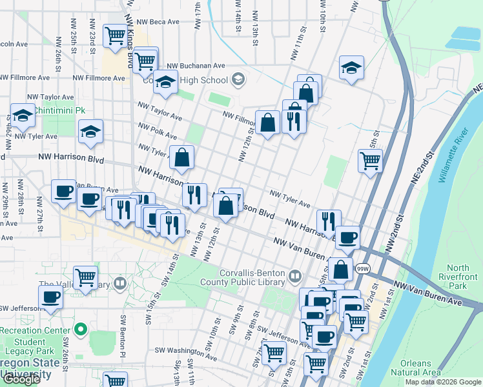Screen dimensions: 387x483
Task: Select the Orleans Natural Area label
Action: point(420,367)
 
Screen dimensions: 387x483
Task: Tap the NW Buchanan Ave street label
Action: point(196,66)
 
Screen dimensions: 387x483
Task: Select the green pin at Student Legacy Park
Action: point(80,330)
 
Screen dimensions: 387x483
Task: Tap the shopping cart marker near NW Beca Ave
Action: point(115,36)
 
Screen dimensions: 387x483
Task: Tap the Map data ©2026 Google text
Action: point(442,382)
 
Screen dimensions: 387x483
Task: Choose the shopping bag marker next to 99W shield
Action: point(340,268)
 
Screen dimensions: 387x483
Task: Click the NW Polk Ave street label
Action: point(156,131)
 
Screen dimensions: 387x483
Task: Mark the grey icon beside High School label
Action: point(238,80)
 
